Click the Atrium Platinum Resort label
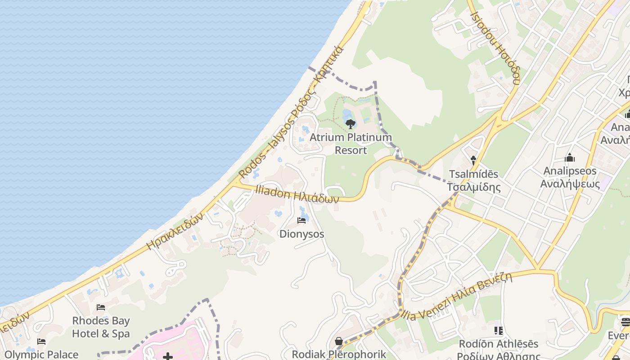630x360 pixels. pyautogui.click(x=351, y=144)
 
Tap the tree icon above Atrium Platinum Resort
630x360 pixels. pyautogui.click(x=350, y=123)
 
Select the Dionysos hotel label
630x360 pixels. pyautogui.click(x=301, y=234)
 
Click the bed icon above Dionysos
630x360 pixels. pyautogui.click(x=301, y=220)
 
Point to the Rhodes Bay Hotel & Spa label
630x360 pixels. pyautogui.click(x=101, y=327)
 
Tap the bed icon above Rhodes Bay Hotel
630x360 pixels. pyautogui.click(x=101, y=307)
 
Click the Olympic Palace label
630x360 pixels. pyautogui.click(x=41, y=355)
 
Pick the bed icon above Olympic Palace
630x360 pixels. pyautogui.click(x=41, y=342)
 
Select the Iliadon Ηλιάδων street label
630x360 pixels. pyautogui.click(x=297, y=194)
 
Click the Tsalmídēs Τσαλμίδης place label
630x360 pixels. pyautogui.click(x=474, y=180)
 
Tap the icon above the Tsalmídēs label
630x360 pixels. pyautogui.click(x=473, y=159)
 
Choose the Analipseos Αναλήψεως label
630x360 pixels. pyautogui.click(x=570, y=177)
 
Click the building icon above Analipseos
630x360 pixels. pyautogui.click(x=570, y=157)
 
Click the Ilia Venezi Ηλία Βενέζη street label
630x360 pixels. pyautogui.click(x=459, y=296)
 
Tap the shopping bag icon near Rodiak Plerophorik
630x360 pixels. pyautogui.click(x=339, y=342)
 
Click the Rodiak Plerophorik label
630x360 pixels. pyautogui.click(x=339, y=354)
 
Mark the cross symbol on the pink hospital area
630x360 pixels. pyautogui.click(x=168, y=357)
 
